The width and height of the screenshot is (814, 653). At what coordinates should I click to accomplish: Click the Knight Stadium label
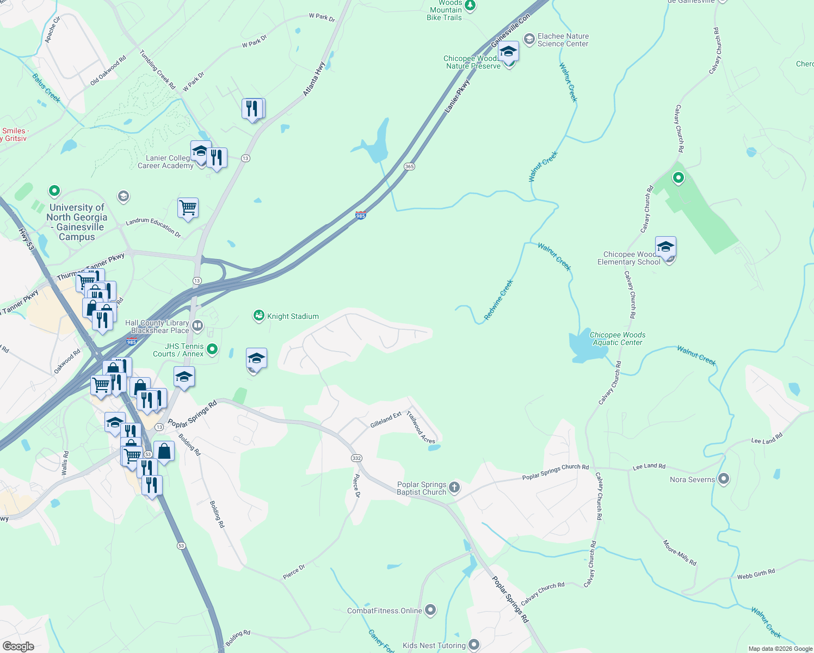click(293, 316)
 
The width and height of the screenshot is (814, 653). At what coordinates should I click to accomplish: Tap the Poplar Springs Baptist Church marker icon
click(454, 488)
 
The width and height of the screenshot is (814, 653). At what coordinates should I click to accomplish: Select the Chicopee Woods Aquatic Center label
click(618, 338)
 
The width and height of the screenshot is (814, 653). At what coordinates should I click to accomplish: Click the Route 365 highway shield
click(409, 167)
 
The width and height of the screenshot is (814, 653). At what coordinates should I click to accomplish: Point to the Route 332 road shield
click(356, 458)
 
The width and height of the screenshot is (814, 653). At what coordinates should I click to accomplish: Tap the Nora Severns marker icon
click(723, 479)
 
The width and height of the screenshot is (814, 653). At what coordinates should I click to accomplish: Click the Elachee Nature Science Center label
click(563, 40)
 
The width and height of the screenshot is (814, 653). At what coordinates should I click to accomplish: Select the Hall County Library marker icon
click(198, 326)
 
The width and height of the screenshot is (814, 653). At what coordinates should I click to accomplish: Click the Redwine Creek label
click(498, 300)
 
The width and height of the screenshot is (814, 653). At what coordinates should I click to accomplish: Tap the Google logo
click(18, 646)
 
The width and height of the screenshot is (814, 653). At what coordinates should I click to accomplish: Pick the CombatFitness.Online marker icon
click(430, 610)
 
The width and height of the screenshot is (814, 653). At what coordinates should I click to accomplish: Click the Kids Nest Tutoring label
click(434, 645)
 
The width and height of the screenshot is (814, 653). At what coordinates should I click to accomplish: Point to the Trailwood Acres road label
click(421, 428)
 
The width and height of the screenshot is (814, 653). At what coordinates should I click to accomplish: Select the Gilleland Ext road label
click(386, 419)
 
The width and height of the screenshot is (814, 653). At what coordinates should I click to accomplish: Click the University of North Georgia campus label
click(77, 222)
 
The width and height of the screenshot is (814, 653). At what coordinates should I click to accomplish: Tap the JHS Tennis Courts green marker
click(212, 349)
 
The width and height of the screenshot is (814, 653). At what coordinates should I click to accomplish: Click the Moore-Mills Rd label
click(680, 552)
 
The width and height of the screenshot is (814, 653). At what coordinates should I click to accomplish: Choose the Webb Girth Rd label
click(756, 574)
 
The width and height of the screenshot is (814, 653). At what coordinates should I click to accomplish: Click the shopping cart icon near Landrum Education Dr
click(188, 208)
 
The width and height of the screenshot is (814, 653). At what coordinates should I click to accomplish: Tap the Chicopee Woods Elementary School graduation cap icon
click(665, 247)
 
